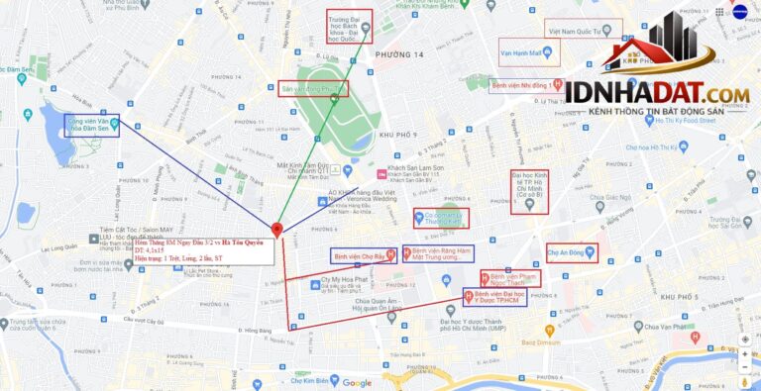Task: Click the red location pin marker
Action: pyautogui.click(x=276, y=230)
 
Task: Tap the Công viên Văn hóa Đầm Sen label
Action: pyautogui.click(x=90, y=125)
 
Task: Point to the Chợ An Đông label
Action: pyautogui.click(x=572, y=251)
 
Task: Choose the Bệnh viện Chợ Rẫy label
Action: pyautogui.click(x=363, y=255)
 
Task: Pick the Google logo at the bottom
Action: pyautogui.click(x=357, y=383)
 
